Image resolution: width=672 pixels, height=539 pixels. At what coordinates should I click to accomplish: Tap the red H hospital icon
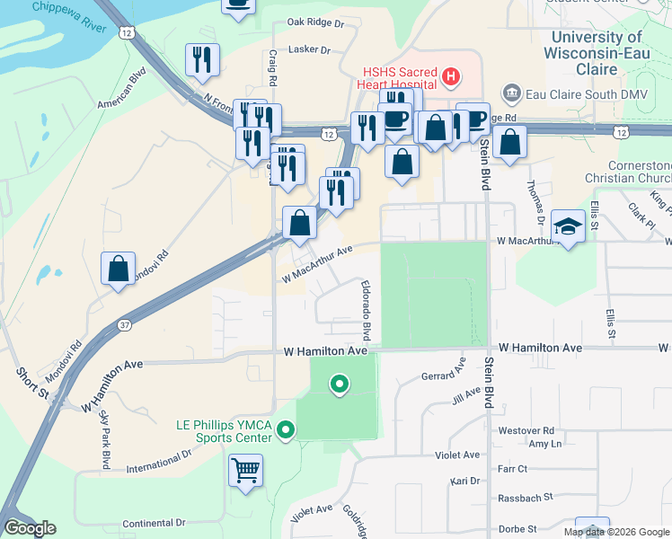tap(451, 78)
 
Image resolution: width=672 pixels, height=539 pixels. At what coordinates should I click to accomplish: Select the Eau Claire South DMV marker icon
tap(512, 93)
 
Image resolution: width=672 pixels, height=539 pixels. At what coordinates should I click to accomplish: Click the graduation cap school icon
tap(568, 225)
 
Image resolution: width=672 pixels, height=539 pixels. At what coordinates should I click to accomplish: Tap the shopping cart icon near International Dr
tap(245, 469)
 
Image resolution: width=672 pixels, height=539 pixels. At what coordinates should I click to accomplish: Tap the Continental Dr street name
tap(154, 522)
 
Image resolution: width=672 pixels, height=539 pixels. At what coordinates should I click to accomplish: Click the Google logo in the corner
tap(30, 528)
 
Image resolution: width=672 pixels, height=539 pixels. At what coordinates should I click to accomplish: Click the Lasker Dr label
tap(312, 49)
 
